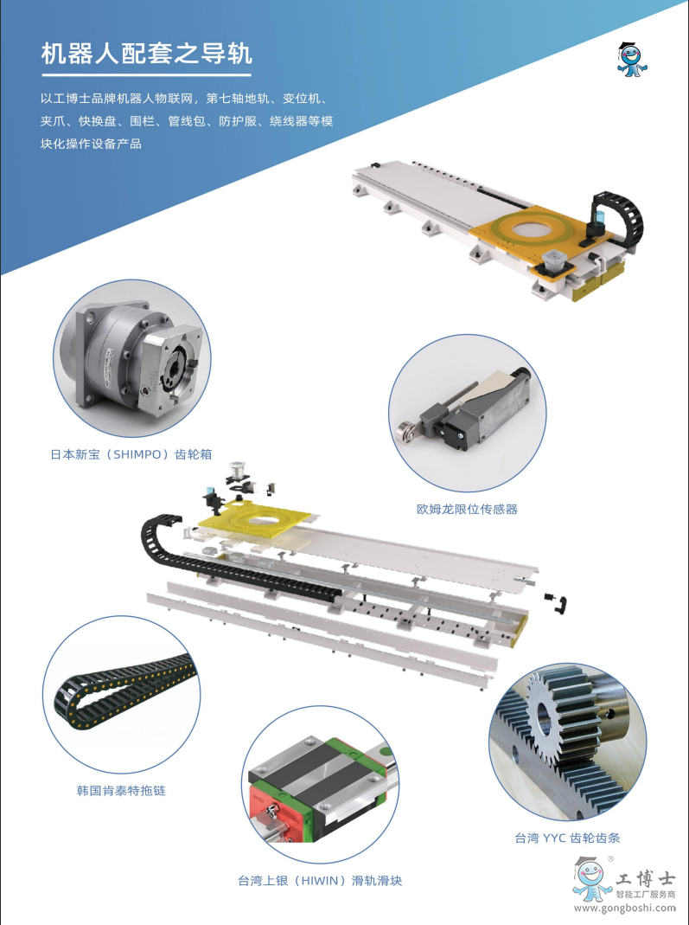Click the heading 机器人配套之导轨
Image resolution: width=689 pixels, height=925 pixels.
pyautogui.click(x=147, y=53)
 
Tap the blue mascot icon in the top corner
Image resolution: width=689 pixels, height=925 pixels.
pyautogui.click(x=632, y=60)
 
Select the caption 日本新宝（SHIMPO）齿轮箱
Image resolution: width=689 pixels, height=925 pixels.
pyautogui.click(x=131, y=454)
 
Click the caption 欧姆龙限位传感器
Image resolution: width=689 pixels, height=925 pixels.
pyautogui.click(x=467, y=509)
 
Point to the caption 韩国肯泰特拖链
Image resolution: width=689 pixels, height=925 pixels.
pyautogui.click(x=121, y=791)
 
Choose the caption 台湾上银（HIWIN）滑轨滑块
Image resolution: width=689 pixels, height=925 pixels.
pyautogui.click(x=320, y=881)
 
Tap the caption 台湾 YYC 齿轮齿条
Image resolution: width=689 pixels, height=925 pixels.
pyautogui.click(x=568, y=838)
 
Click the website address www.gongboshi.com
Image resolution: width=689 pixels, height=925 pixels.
pyautogui.click(x=625, y=909)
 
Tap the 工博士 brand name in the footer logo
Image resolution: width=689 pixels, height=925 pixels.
pyautogui.click(x=646, y=878)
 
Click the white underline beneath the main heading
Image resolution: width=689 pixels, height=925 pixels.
pyautogui.click(x=147, y=75)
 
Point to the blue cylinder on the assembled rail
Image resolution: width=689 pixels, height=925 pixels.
pyautogui.click(x=598, y=221)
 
